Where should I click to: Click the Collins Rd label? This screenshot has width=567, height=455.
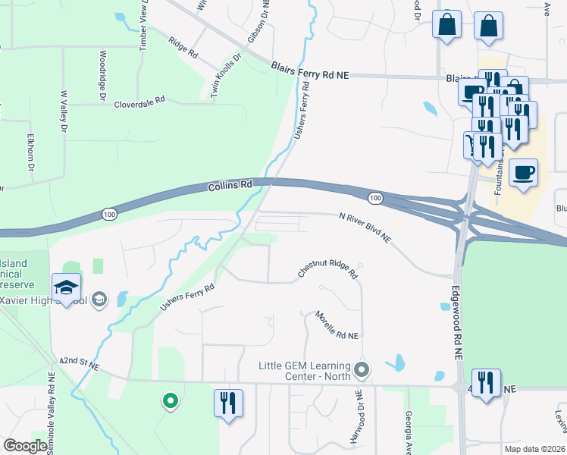[230, 185]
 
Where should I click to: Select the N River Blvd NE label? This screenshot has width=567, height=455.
[365, 227]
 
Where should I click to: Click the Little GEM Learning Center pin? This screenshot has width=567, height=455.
[362, 370]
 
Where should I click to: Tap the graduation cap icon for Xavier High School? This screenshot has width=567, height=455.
[67, 287]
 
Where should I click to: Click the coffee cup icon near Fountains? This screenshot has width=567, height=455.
[523, 173]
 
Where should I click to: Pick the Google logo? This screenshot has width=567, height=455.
[25, 447]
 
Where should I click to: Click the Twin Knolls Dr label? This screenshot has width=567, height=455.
[225, 74]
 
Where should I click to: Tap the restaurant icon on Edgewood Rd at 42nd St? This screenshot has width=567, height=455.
[484, 381]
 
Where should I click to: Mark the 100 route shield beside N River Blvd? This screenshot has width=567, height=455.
[375, 198]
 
